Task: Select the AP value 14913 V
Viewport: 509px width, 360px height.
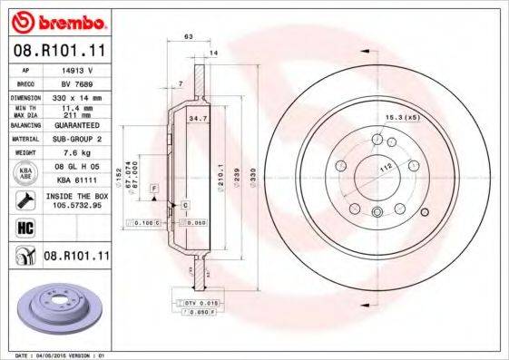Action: click(77, 69)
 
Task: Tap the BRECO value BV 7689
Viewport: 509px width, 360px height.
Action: click(77, 83)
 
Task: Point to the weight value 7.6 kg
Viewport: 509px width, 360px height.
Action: click(77, 153)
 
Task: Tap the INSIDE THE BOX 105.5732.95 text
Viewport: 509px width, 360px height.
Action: click(77, 200)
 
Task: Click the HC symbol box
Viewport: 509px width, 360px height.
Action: click(24, 227)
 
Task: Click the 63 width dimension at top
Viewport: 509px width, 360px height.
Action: click(188, 36)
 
